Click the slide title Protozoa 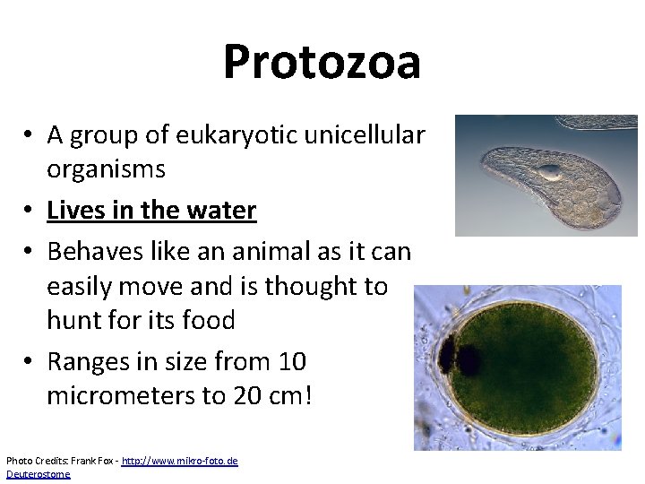click(322, 62)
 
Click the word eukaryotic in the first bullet click(243, 134)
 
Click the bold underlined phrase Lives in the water click(151, 211)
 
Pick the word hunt click(74, 320)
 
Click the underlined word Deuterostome click(38, 473)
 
